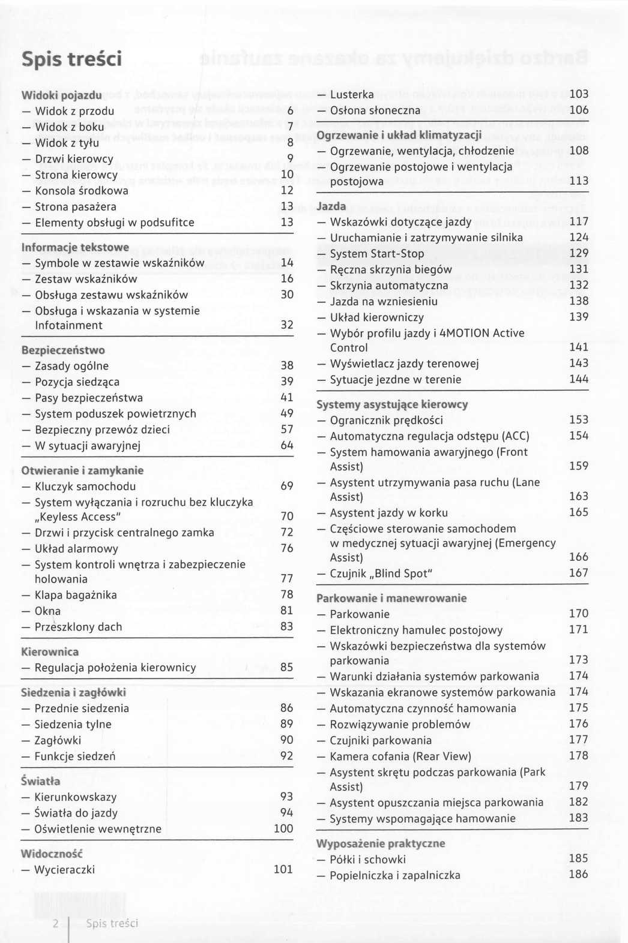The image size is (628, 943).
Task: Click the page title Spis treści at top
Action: (71, 59)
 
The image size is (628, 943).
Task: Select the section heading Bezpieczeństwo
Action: (63, 350)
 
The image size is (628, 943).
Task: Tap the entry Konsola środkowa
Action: (81, 191)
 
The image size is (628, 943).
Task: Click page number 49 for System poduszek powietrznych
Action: (287, 413)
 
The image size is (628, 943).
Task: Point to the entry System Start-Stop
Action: (376, 254)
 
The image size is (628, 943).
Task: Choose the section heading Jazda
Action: (331, 206)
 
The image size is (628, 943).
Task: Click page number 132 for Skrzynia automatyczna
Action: (579, 285)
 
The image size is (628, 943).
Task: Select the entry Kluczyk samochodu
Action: (85, 486)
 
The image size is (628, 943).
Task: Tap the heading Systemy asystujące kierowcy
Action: (384, 404)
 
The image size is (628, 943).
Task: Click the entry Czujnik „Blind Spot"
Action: (381, 573)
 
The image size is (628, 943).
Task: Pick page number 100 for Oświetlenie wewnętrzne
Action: (283, 828)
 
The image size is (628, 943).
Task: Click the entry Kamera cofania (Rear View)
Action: (400, 756)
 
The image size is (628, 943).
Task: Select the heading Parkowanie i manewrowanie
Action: (383, 598)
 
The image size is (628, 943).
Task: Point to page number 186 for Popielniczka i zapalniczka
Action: (578, 874)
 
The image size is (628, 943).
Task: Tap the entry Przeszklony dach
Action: (78, 627)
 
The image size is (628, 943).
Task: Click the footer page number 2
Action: (56, 923)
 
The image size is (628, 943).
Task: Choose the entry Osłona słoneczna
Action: (375, 110)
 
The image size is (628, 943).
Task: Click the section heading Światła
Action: (41, 782)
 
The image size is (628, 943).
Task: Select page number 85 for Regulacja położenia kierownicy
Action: (287, 667)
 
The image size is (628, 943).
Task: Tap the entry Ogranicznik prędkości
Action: (386, 420)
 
